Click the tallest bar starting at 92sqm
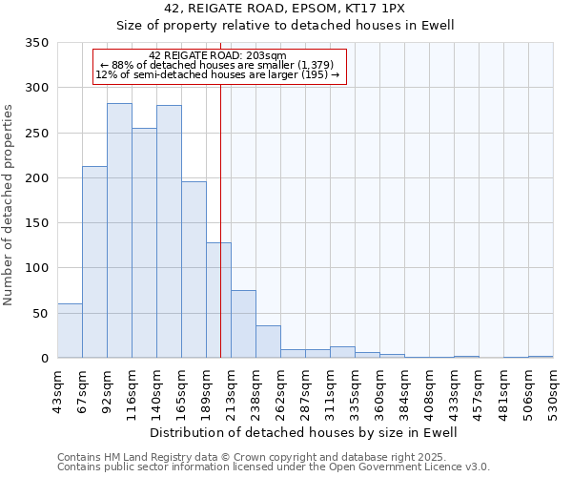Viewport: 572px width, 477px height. [119, 231]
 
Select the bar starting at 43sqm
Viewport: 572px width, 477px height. [70, 331]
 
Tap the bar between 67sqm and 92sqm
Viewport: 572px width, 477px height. [94, 262]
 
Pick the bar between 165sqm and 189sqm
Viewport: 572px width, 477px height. [194, 270]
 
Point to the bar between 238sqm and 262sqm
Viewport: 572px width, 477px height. [268, 342]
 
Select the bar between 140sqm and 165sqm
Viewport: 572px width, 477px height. [169, 232]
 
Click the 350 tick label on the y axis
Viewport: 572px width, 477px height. [37, 43]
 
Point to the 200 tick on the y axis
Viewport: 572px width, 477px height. [37, 178]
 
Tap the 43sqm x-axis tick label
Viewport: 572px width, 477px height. [58, 388]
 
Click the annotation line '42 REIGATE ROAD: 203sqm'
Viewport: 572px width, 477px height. [217, 55]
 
